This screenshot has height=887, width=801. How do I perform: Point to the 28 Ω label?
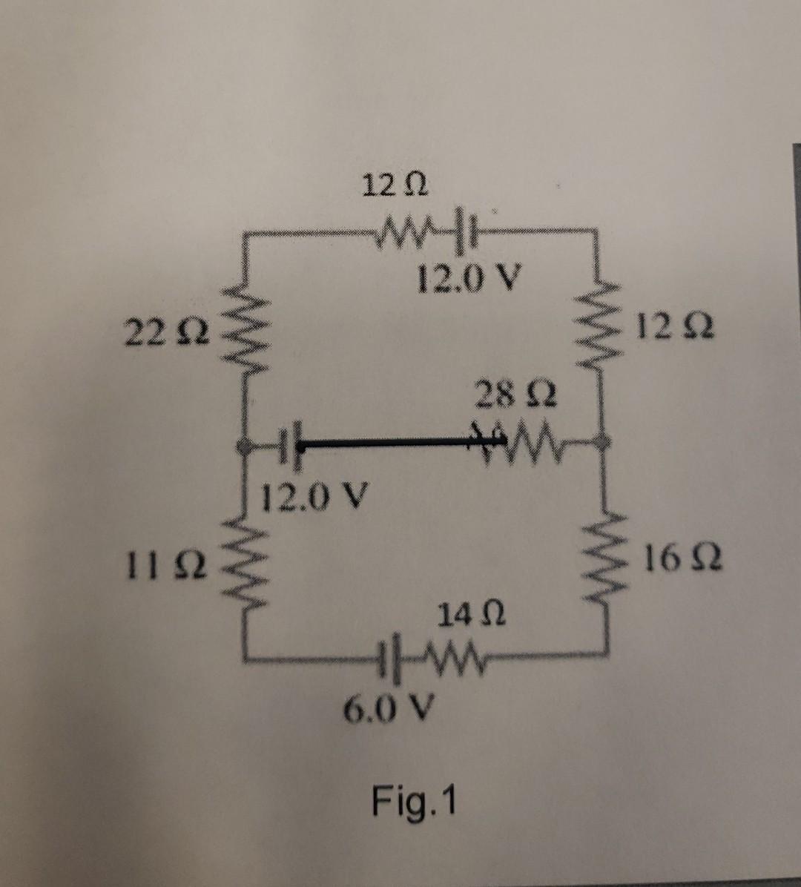pos(517,394)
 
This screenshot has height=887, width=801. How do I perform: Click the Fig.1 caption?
pos(416,801)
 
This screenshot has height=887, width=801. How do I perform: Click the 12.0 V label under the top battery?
pos(468,279)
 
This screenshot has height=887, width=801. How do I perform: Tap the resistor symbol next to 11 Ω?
pos(243,564)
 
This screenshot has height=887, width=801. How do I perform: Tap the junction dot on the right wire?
pos(605,441)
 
